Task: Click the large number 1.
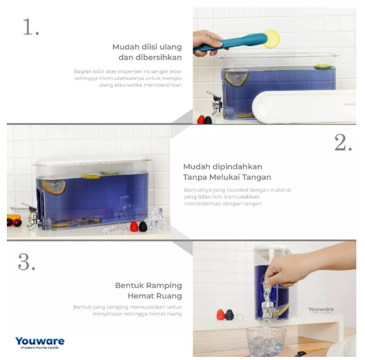(x=30, y=27)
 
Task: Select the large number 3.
(x=26, y=262)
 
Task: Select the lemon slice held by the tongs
(x=271, y=38)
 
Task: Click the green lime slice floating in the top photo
(x=322, y=66)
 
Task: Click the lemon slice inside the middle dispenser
(x=53, y=186)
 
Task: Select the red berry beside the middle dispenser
(x=133, y=227)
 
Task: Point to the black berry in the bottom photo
(x=230, y=315)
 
